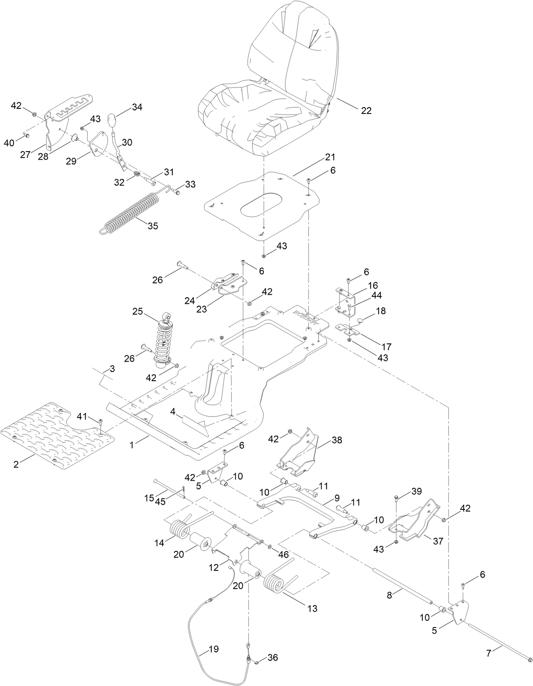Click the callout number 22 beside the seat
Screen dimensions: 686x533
(366, 111)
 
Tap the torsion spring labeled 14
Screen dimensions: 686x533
(180, 529)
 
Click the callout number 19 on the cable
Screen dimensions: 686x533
(214, 649)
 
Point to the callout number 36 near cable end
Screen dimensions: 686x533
(272, 658)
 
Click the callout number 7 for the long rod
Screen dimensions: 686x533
(489, 653)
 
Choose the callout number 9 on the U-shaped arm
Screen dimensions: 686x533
(337, 498)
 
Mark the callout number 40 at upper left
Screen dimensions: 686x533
(9, 144)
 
